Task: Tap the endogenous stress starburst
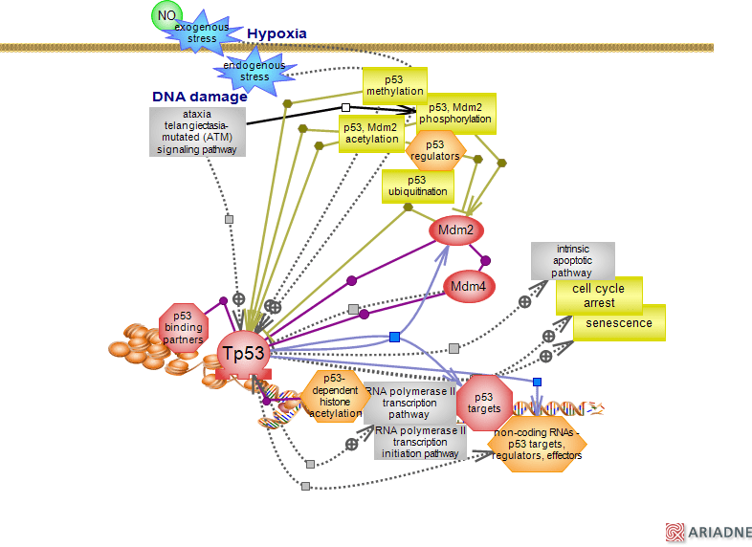pos(254,71)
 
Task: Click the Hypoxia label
pos(276,33)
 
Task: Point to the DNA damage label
pos(199,97)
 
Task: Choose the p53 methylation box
pos(394,85)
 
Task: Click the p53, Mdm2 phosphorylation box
pos(455,114)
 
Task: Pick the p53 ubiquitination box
pos(417,186)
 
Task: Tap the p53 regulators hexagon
pos(435,151)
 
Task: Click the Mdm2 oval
pos(456,230)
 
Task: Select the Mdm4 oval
pos(469,286)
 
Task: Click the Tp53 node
pos(243,353)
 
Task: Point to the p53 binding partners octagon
pos(183,327)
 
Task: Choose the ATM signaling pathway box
pos(197,132)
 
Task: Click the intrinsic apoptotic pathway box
pos(572,260)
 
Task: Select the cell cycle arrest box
pos(599,295)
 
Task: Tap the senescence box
pos(619,323)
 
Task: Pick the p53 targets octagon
pos(484,403)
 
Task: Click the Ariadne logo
pos(709,533)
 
